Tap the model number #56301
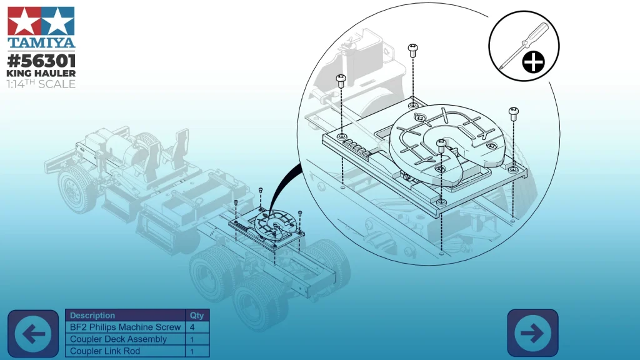click(x=41, y=61)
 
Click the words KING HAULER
click(x=41, y=73)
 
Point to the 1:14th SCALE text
click(x=41, y=84)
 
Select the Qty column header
click(x=197, y=316)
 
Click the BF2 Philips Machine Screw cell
click(x=126, y=327)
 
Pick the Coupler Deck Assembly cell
click(x=119, y=339)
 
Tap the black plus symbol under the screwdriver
click(x=533, y=62)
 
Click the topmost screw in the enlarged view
click(x=412, y=49)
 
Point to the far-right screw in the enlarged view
click(x=513, y=113)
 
